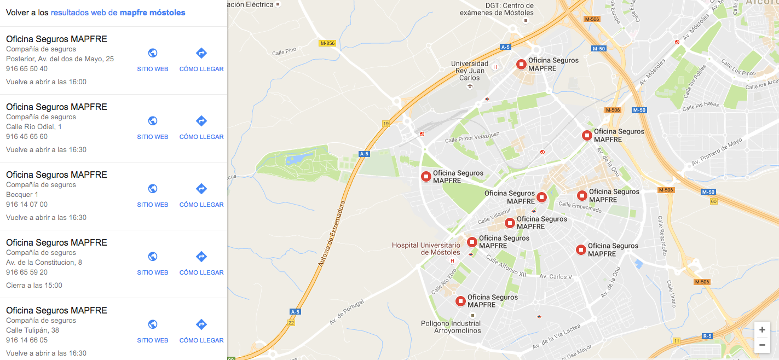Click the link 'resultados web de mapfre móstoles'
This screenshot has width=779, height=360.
(118, 13)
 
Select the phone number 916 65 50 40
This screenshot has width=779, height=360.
(27, 69)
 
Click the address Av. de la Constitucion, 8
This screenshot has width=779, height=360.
(44, 263)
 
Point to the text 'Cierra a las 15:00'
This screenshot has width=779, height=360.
(34, 286)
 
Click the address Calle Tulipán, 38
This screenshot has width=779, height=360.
(32, 330)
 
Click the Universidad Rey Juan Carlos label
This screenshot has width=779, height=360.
(469, 71)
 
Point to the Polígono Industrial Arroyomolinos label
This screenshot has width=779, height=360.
(451, 327)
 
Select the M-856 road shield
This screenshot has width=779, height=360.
(327, 43)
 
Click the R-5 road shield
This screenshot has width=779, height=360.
(707, 336)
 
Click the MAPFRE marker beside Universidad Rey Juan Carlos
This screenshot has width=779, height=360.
(522, 65)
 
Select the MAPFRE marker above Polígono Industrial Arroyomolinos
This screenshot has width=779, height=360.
(460, 301)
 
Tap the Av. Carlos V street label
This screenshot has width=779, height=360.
(556, 277)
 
